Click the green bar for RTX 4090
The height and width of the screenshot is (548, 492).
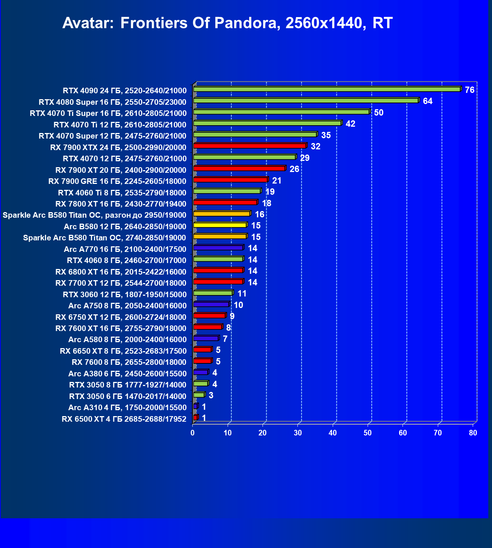pos(327,89)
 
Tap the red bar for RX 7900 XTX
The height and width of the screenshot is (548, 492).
pos(250,146)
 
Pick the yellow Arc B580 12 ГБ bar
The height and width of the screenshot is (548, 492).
pos(220,225)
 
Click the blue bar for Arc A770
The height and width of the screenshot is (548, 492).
pos(218,247)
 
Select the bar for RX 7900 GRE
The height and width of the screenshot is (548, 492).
pos(230,180)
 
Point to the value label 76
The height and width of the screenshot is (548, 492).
pos(469,90)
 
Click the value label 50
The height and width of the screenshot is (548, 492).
pos(378,113)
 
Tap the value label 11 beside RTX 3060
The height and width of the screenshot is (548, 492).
pos(242,294)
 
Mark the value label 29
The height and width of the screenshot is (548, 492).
pos(304,158)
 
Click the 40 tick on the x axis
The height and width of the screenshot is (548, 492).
pos(333,433)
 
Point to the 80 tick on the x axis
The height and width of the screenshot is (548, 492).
pos(473,433)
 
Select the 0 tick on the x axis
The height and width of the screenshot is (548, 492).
pos(192,433)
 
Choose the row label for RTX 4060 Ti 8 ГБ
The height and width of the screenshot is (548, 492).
pos(122,192)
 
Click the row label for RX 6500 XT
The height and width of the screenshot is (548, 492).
pos(124,419)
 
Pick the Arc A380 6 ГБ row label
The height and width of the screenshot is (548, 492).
pos(127,373)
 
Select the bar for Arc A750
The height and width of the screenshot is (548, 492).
pos(211,304)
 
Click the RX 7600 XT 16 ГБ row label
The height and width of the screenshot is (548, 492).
pos(121,328)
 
